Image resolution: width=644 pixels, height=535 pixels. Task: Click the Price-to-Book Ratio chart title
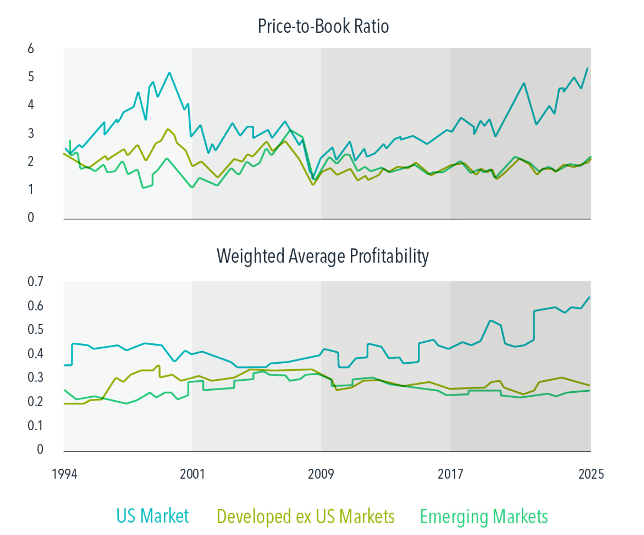(x=323, y=27)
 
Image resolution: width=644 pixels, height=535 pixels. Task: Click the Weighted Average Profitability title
(x=322, y=256)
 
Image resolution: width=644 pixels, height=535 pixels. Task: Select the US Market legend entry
(x=152, y=516)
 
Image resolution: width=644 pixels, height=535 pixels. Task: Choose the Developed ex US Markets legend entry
(x=305, y=516)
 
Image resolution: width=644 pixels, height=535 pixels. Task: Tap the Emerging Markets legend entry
(x=484, y=516)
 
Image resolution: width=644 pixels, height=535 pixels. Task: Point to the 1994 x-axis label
(x=64, y=474)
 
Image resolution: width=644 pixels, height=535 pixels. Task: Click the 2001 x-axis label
(x=192, y=474)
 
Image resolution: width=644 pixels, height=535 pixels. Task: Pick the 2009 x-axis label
(x=321, y=474)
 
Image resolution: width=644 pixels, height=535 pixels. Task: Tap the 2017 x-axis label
(x=450, y=474)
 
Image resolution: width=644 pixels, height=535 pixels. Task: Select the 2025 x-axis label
(x=591, y=474)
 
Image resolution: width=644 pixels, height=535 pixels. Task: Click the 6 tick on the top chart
(x=31, y=49)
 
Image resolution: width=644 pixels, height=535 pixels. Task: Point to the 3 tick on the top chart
(x=31, y=133)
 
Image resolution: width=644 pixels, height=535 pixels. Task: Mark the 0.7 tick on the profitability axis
(x=35, y=282)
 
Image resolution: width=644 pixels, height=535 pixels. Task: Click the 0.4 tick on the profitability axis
(x=35, y=354)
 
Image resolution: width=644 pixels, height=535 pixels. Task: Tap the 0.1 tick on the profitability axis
(x=35, y=426)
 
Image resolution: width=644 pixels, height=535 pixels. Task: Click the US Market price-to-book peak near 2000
(x=169, y=73)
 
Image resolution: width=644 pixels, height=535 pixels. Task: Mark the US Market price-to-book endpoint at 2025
(x=587, y=69)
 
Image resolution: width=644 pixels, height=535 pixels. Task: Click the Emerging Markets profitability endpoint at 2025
(x=589, y=391)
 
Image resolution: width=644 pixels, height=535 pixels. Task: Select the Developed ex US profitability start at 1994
(x=65, y=403)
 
